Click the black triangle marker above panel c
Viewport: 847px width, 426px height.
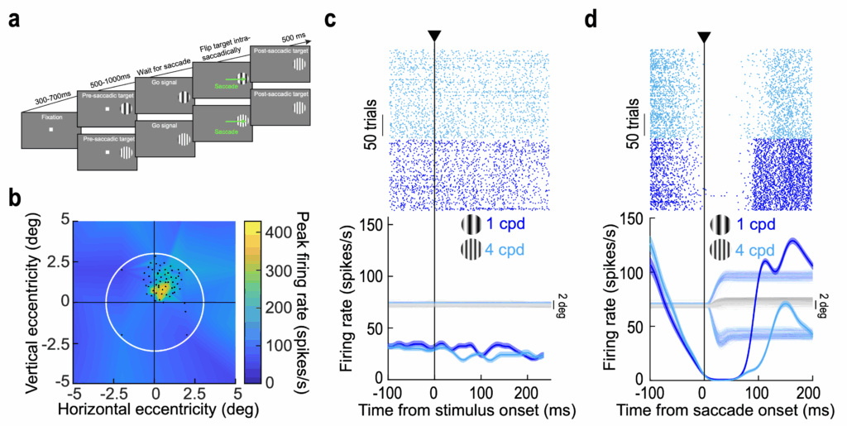[434, 36]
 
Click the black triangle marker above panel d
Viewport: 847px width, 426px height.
[704, 36]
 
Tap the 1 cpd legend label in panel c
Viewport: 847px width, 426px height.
[505, 223]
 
